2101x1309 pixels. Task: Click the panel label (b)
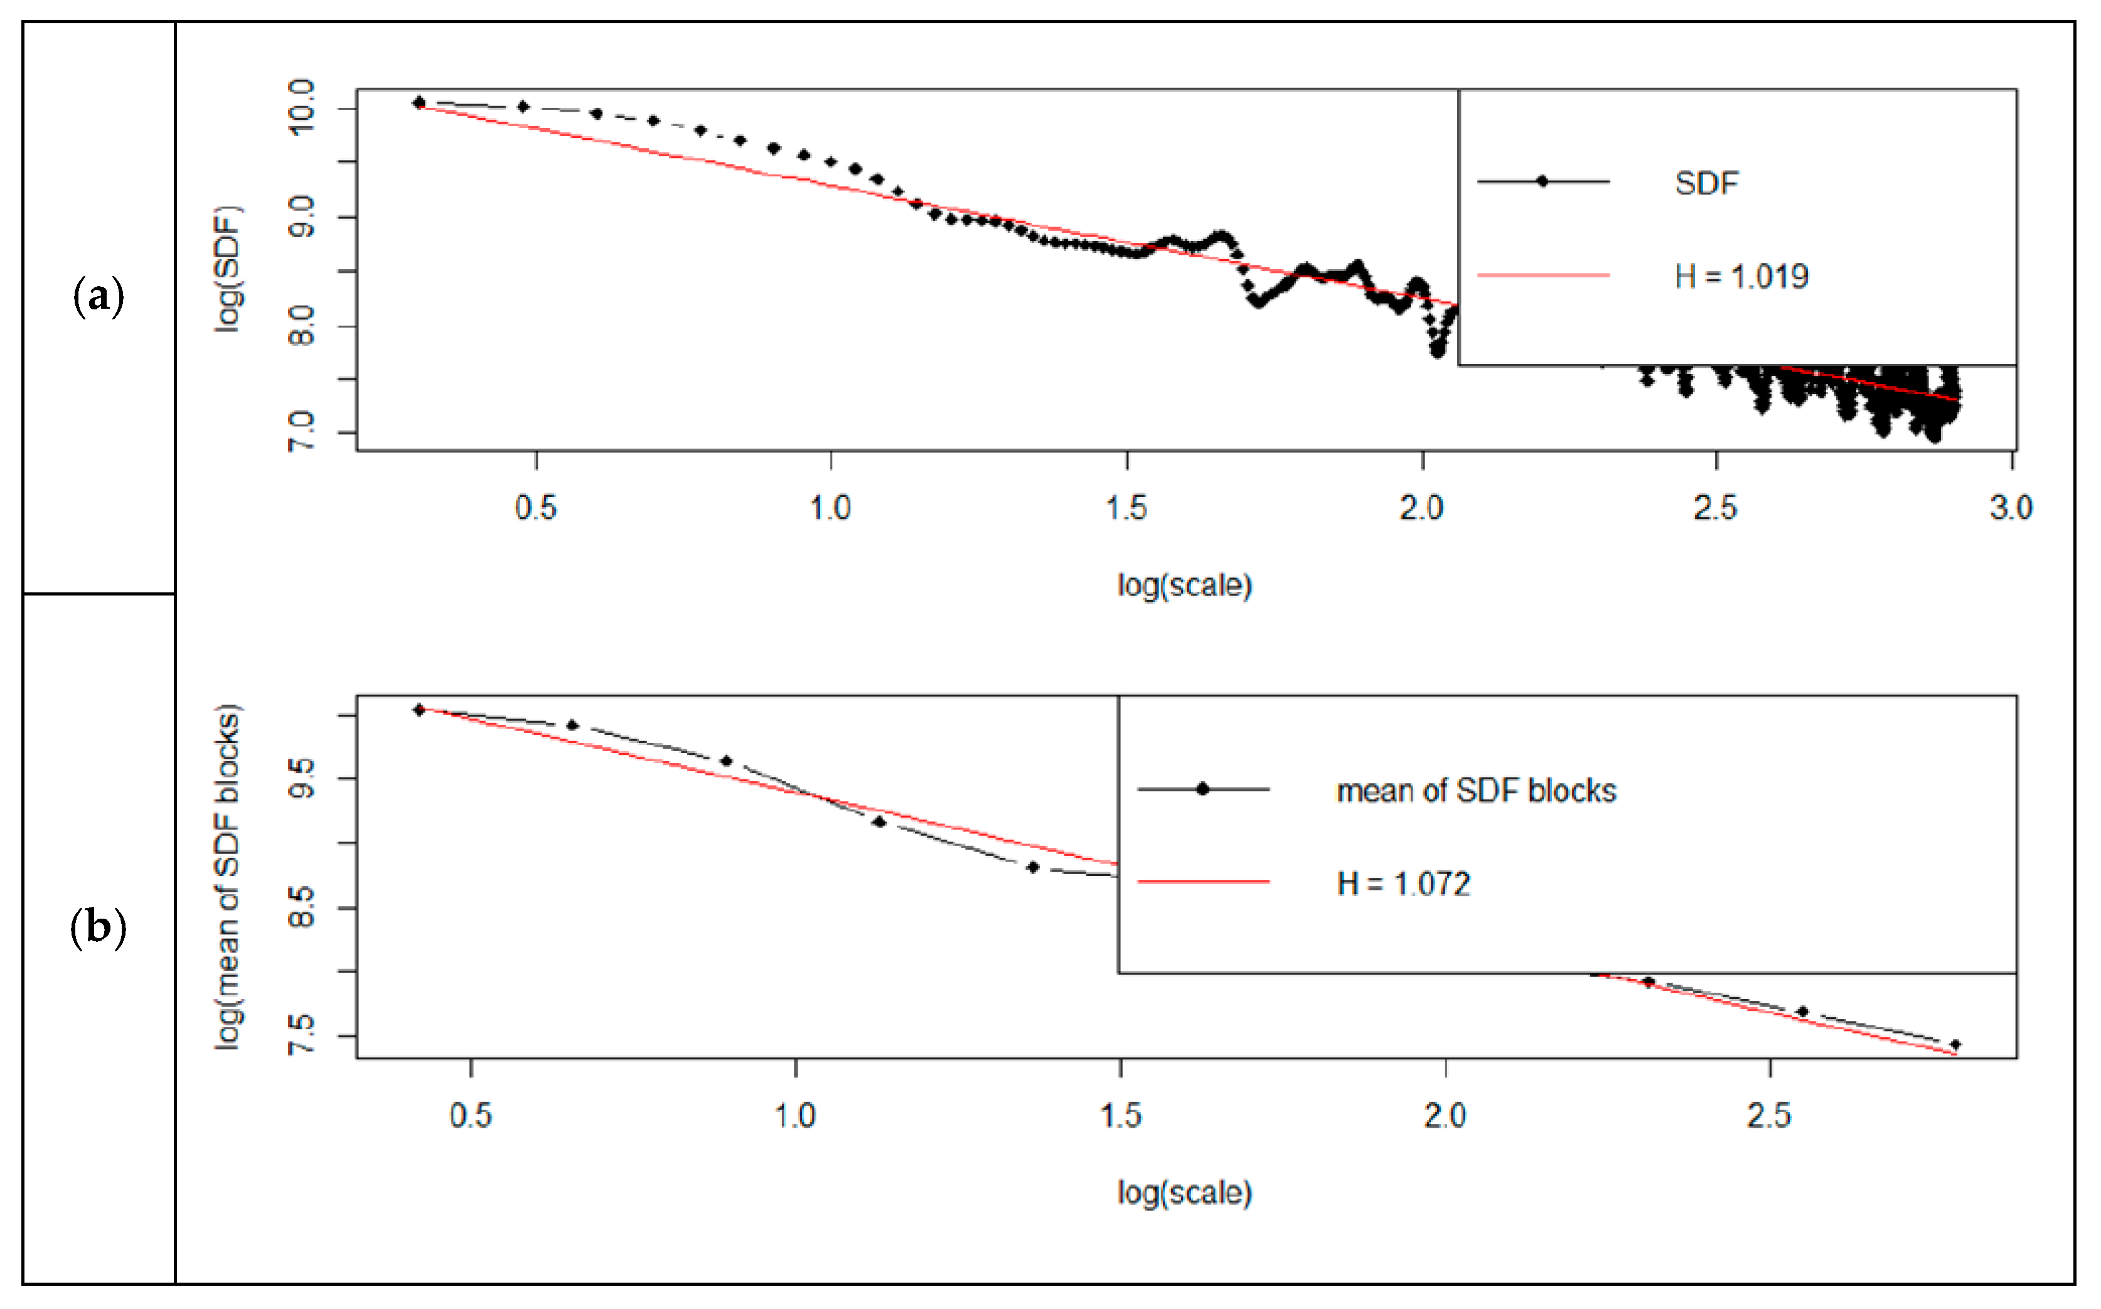pyautogui.click(x=99, y=929)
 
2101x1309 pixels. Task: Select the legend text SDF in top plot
pyautogui.click(x=1706, y=183)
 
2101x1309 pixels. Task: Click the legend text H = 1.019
pyautogui.click(x=1741, y=276)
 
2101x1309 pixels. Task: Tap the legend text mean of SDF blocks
pyautogui.click(x=1475, y=791)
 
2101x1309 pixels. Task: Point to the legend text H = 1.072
pyautogui.click(x=1403, y=884)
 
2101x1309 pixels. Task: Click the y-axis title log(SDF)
pyautogui.click(x=228, y=269)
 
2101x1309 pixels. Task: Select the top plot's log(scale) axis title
pyautogui.click(x=1184, y=586)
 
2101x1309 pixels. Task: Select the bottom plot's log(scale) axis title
pyautogui.click(x=1184, y=1193)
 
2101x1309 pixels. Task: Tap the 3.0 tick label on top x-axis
pyautogui.click(x=2010, y=507)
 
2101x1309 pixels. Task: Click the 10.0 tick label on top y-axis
pyautogui.click(x=301, y=107)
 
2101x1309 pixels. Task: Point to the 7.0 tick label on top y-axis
pyautogui.click(x=301, y=432)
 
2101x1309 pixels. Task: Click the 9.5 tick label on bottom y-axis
pyautogui.click(x=301, y=778)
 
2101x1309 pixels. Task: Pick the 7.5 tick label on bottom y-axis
pyautogui.click(x=301, y=1035)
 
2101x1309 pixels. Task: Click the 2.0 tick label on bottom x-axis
pyautogui.click(x=1445, y=1115)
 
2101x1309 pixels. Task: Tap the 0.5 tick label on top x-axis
pyautogui.click(x=535, y=507)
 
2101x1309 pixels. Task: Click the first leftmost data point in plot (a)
pyautogui.click(x=419, y=102)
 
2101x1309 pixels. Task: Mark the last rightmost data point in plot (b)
pyautogui.click(x=1955, y=1045)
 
